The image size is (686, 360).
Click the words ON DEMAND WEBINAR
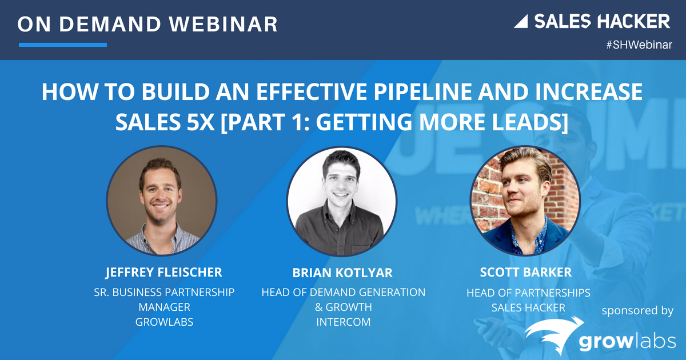tap(147, 24)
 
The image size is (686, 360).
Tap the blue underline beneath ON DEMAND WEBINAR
tap(63, 45)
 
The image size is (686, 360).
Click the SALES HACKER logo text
tap(601, 22)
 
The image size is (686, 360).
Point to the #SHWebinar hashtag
tap(639, 45)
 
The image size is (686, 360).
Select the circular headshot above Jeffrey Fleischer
tap(162, 200)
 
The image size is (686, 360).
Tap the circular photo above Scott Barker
tap(525, 200)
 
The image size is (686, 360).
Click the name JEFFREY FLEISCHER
tap(163, 272)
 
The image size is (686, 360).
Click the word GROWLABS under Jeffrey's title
tap(164, 322)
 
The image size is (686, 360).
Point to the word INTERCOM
tap(343, 322)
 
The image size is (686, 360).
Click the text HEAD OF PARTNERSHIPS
tap(528, 293)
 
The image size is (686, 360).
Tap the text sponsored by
tap(637, 311)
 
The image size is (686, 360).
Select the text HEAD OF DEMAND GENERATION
tap(343, 292)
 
